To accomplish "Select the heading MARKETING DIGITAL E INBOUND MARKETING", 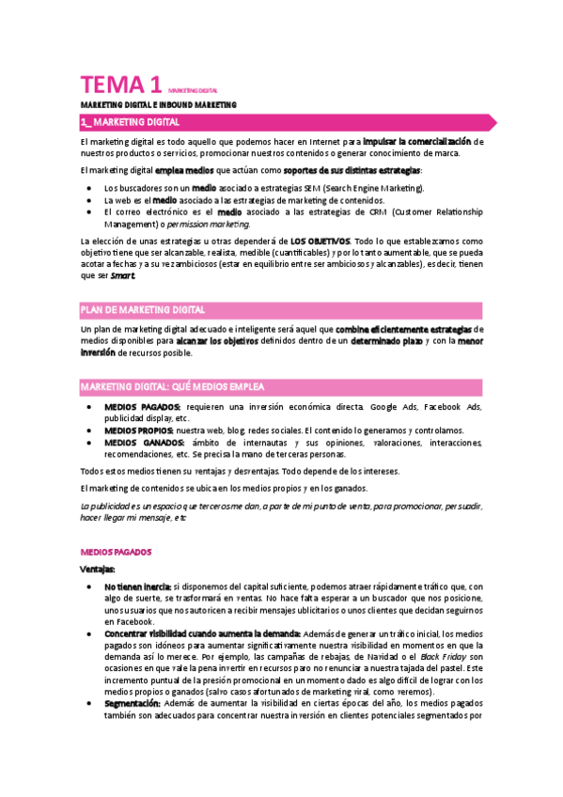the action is [x=158, y=104].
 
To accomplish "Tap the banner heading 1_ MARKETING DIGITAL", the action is [x=130, y=123].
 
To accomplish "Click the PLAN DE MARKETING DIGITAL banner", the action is [x=143, y=309].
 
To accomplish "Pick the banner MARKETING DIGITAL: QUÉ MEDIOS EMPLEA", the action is [x=172, y=386].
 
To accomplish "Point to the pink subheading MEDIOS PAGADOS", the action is [x=117, y=552].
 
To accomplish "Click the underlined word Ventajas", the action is [x=98, y=569].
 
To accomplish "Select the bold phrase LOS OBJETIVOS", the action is [x=321, y=242].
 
